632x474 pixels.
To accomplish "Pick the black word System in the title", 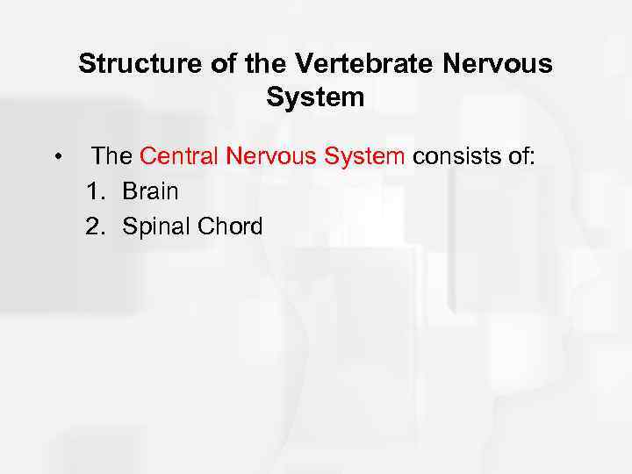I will coord(315,97).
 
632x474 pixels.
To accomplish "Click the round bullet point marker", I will coord(56,158).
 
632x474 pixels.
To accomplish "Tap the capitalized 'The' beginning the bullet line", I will coord(111,157).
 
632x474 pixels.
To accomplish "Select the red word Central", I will coord(179,157).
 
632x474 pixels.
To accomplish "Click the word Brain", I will coord(150,192).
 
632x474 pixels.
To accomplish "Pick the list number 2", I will coord(94,227).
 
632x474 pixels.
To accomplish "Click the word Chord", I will coord(230,227).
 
